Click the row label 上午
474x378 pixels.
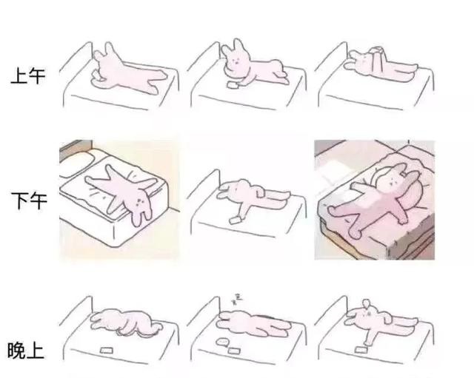(28, 75)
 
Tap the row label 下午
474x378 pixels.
(29, 200)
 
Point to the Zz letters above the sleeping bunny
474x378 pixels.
(237, 300)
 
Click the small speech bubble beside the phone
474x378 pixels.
(222, 342)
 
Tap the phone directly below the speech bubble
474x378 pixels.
(234, 351)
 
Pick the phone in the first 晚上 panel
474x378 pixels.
(107, 350)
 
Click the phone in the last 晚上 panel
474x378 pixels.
(361, 349)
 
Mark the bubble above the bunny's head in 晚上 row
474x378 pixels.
(367, 303)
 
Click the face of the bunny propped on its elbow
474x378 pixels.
(234, 61)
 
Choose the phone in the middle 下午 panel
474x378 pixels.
(235, 220)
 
